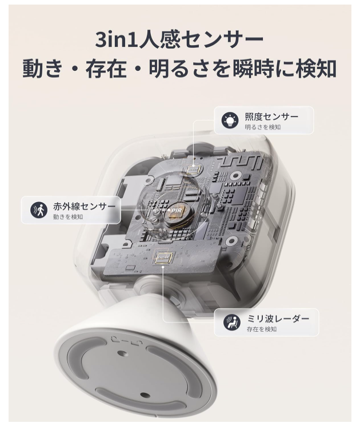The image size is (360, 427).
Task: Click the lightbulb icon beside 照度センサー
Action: click(231, 120)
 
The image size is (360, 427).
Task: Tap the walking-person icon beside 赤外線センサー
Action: click(39, 210)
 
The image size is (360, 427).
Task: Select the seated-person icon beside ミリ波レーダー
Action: click(232, 322)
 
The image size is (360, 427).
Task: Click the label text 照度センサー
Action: click(271, 116)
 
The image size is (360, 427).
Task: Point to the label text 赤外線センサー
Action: click(84, 206)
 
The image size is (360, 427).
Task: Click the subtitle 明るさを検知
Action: click(262, 127)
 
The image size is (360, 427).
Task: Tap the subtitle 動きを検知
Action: click(67, 217)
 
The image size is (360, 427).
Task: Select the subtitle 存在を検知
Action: click(261, 329)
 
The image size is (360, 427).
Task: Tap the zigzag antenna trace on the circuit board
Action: click(245, 162)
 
